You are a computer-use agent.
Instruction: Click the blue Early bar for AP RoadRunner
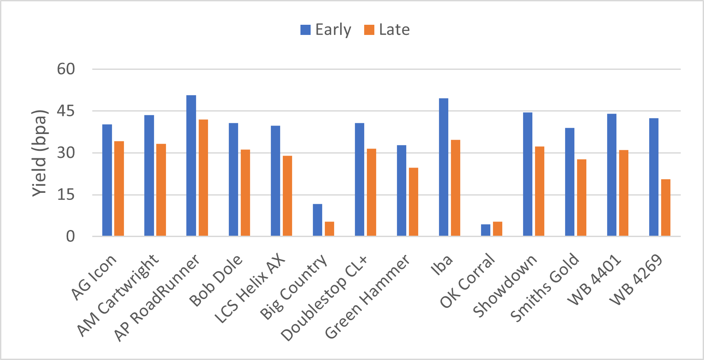pos(191,165)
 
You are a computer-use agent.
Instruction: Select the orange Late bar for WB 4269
pos(666,207)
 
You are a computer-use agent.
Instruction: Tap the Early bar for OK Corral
pos(485,230)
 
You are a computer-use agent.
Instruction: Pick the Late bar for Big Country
pos(329,229)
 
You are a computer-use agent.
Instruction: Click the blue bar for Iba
pos(443,167)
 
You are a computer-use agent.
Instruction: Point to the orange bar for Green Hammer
pos(413,202)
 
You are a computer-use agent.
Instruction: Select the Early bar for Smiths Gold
pos(569,182)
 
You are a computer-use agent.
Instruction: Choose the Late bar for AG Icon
pos(119,188)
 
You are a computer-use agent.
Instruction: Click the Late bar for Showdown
pos(539,191)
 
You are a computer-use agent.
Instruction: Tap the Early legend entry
pos(326,30)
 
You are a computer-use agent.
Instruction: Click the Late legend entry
pos(387,30)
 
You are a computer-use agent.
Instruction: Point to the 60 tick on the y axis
pos(66,69)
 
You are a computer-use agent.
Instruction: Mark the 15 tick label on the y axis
pos(66,195)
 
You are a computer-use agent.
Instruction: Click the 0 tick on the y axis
pos(70,237)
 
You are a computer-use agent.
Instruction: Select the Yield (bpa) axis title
pos(39,153)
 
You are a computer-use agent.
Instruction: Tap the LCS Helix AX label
pos(250,289)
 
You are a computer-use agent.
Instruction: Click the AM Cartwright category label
pos(118,295)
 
